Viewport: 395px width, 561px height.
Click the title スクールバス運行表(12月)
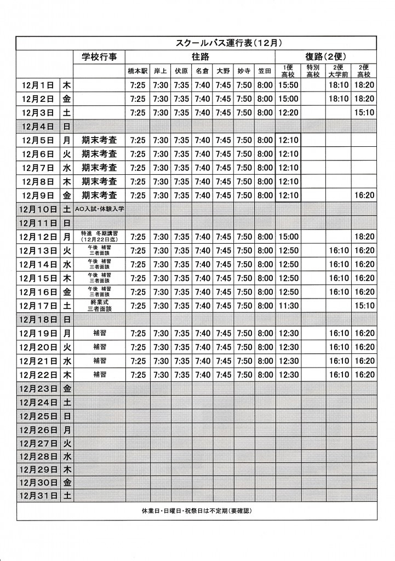tap(228, 43)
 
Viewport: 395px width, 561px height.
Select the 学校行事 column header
tap(99, 57)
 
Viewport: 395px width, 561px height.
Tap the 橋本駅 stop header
tap(138, 71)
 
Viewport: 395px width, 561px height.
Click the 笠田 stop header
tap(265, 71)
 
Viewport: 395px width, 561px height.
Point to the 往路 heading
tap(200, 57)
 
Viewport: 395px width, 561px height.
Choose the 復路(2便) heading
tap(326, 57)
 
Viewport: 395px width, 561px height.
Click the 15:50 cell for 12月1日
tap(288, 85)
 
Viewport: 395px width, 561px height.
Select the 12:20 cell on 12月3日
tap(288, 113)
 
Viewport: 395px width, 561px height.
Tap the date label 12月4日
tap(38, 127)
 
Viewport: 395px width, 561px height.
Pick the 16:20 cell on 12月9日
tap(364, 195)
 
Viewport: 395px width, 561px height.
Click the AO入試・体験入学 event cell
tap(99, 209)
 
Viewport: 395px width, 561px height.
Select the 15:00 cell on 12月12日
tap(288, 237)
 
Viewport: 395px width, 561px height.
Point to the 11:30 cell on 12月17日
tap(288, 305)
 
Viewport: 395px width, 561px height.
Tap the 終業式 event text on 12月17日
tap(99, 302)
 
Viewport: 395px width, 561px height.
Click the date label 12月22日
tap(38, 375)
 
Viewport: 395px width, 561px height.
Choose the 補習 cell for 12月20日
tap(99, 347)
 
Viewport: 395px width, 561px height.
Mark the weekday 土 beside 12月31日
tap(67, 496)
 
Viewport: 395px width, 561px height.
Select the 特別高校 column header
tap(313, 71)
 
